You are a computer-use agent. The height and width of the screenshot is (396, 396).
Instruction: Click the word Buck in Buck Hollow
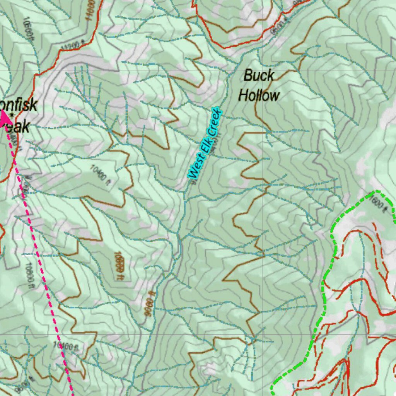pos(259,75)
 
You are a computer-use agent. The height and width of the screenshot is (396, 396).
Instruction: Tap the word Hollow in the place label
pos(258,95)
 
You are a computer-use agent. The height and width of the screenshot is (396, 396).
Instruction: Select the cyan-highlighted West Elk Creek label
pos(205,143)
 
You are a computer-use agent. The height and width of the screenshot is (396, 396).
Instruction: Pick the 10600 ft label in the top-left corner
pos(27,27)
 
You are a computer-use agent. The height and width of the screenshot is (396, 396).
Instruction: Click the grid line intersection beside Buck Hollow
pos(263,70)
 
